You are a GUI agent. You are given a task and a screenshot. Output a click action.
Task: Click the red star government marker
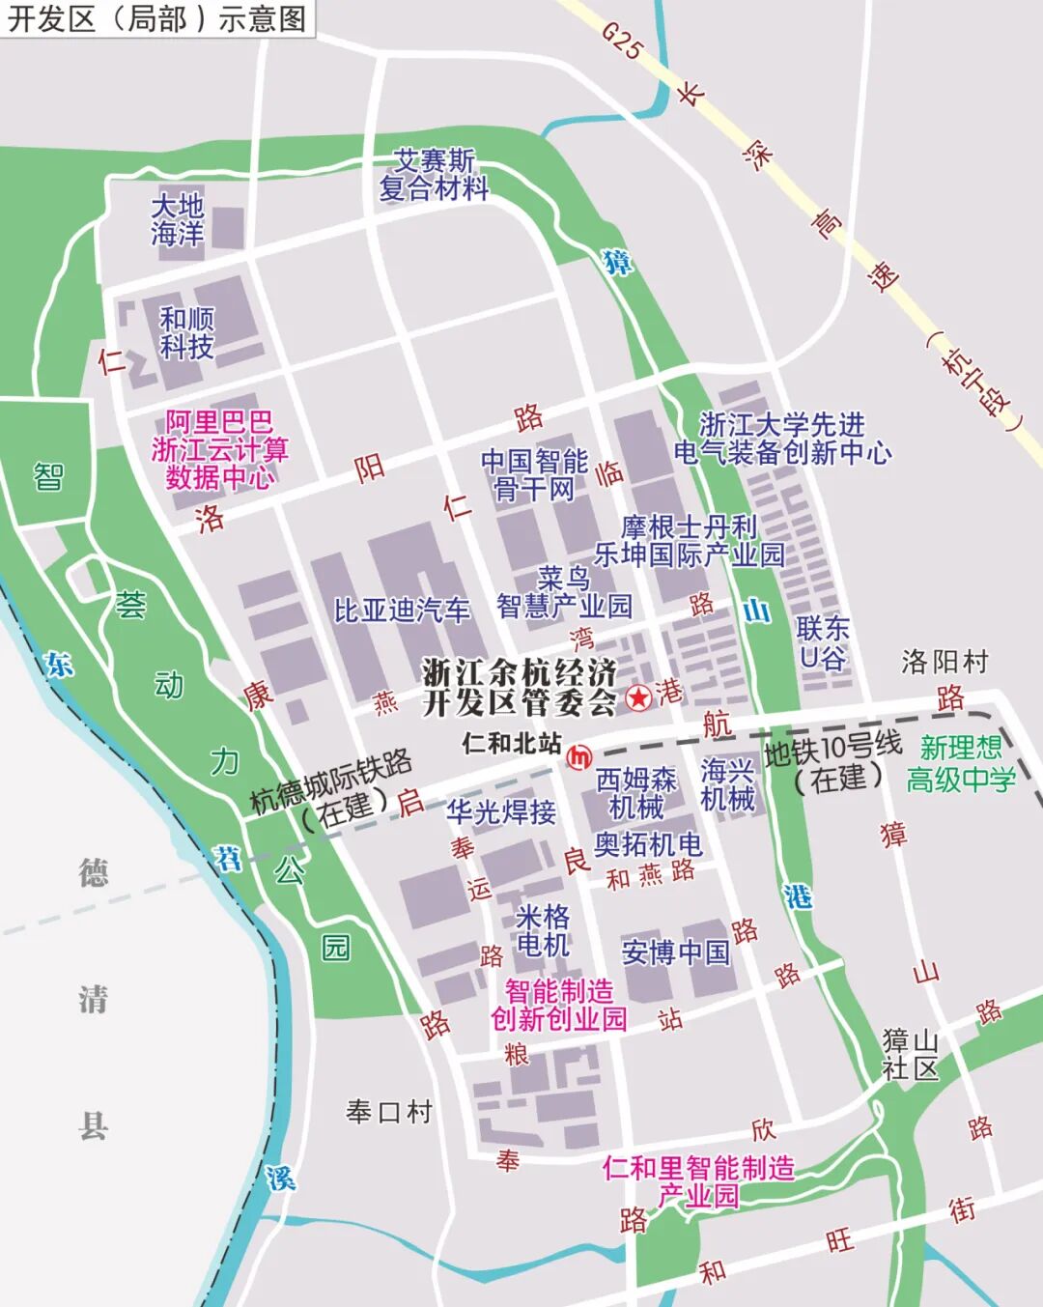[x=638, y=696]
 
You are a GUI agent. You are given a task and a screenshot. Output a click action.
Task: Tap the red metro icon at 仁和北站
[x=579, y=757]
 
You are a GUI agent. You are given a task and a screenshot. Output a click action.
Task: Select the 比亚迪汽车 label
[x=402, y=611]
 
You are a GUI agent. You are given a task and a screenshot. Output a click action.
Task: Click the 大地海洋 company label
[x=178, y=219]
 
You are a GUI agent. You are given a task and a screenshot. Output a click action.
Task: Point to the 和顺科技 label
[x=186, y=332]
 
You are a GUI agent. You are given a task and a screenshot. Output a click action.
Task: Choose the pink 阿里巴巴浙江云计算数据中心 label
[x=219, y=449]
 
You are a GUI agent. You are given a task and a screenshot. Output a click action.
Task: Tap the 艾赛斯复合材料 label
[x=434, y=174]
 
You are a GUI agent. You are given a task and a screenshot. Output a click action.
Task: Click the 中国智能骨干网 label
[x=534, y=475]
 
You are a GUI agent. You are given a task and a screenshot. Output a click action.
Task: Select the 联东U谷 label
[x=823, y=643]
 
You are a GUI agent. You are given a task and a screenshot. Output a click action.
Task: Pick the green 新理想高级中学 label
[x=961, y=763]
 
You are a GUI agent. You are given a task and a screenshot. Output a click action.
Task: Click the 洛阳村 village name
[x=944, y=662]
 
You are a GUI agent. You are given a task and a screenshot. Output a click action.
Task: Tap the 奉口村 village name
[x=389, y=1112]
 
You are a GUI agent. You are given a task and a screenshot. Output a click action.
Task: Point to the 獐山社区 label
[x=910, y=1054]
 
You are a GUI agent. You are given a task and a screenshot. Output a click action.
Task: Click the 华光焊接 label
[x=500, y=811]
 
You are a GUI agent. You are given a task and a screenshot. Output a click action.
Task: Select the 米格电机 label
[x=543, y=930]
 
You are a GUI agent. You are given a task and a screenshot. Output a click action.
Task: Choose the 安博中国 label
[x=676, y=952]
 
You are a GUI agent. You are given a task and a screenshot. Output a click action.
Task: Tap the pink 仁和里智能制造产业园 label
[x=698, y=1181]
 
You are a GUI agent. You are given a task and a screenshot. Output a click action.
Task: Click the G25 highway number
[x=621, y=41]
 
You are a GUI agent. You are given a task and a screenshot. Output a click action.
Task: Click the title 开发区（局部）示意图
[x=156, y=18]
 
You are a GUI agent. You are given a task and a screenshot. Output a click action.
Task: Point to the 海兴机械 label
[x=727, y=784]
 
